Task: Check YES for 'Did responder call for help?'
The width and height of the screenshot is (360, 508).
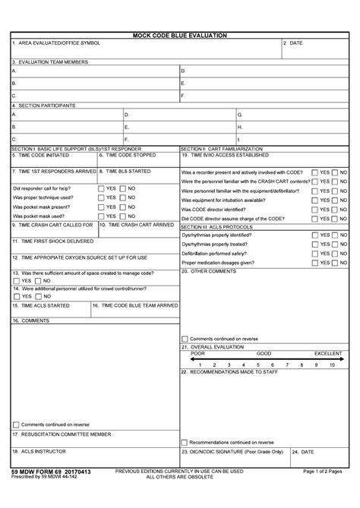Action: [x=101, y=188]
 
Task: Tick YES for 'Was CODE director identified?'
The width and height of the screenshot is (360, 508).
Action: [x=315, y=209]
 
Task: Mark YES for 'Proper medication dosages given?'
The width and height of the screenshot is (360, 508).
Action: [x=315, y=262]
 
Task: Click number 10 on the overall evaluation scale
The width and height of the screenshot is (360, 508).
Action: [x=332, y=365]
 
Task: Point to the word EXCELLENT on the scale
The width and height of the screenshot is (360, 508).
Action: [x=329, y=354]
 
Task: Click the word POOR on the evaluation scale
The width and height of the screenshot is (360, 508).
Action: [x=197, y=354]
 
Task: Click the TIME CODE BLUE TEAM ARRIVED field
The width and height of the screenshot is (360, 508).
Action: [x=134, y=310]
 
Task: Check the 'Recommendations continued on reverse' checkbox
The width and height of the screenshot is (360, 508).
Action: [x=185, y=442]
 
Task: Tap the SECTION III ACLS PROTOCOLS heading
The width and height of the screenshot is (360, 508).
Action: [x=216, y=226]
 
